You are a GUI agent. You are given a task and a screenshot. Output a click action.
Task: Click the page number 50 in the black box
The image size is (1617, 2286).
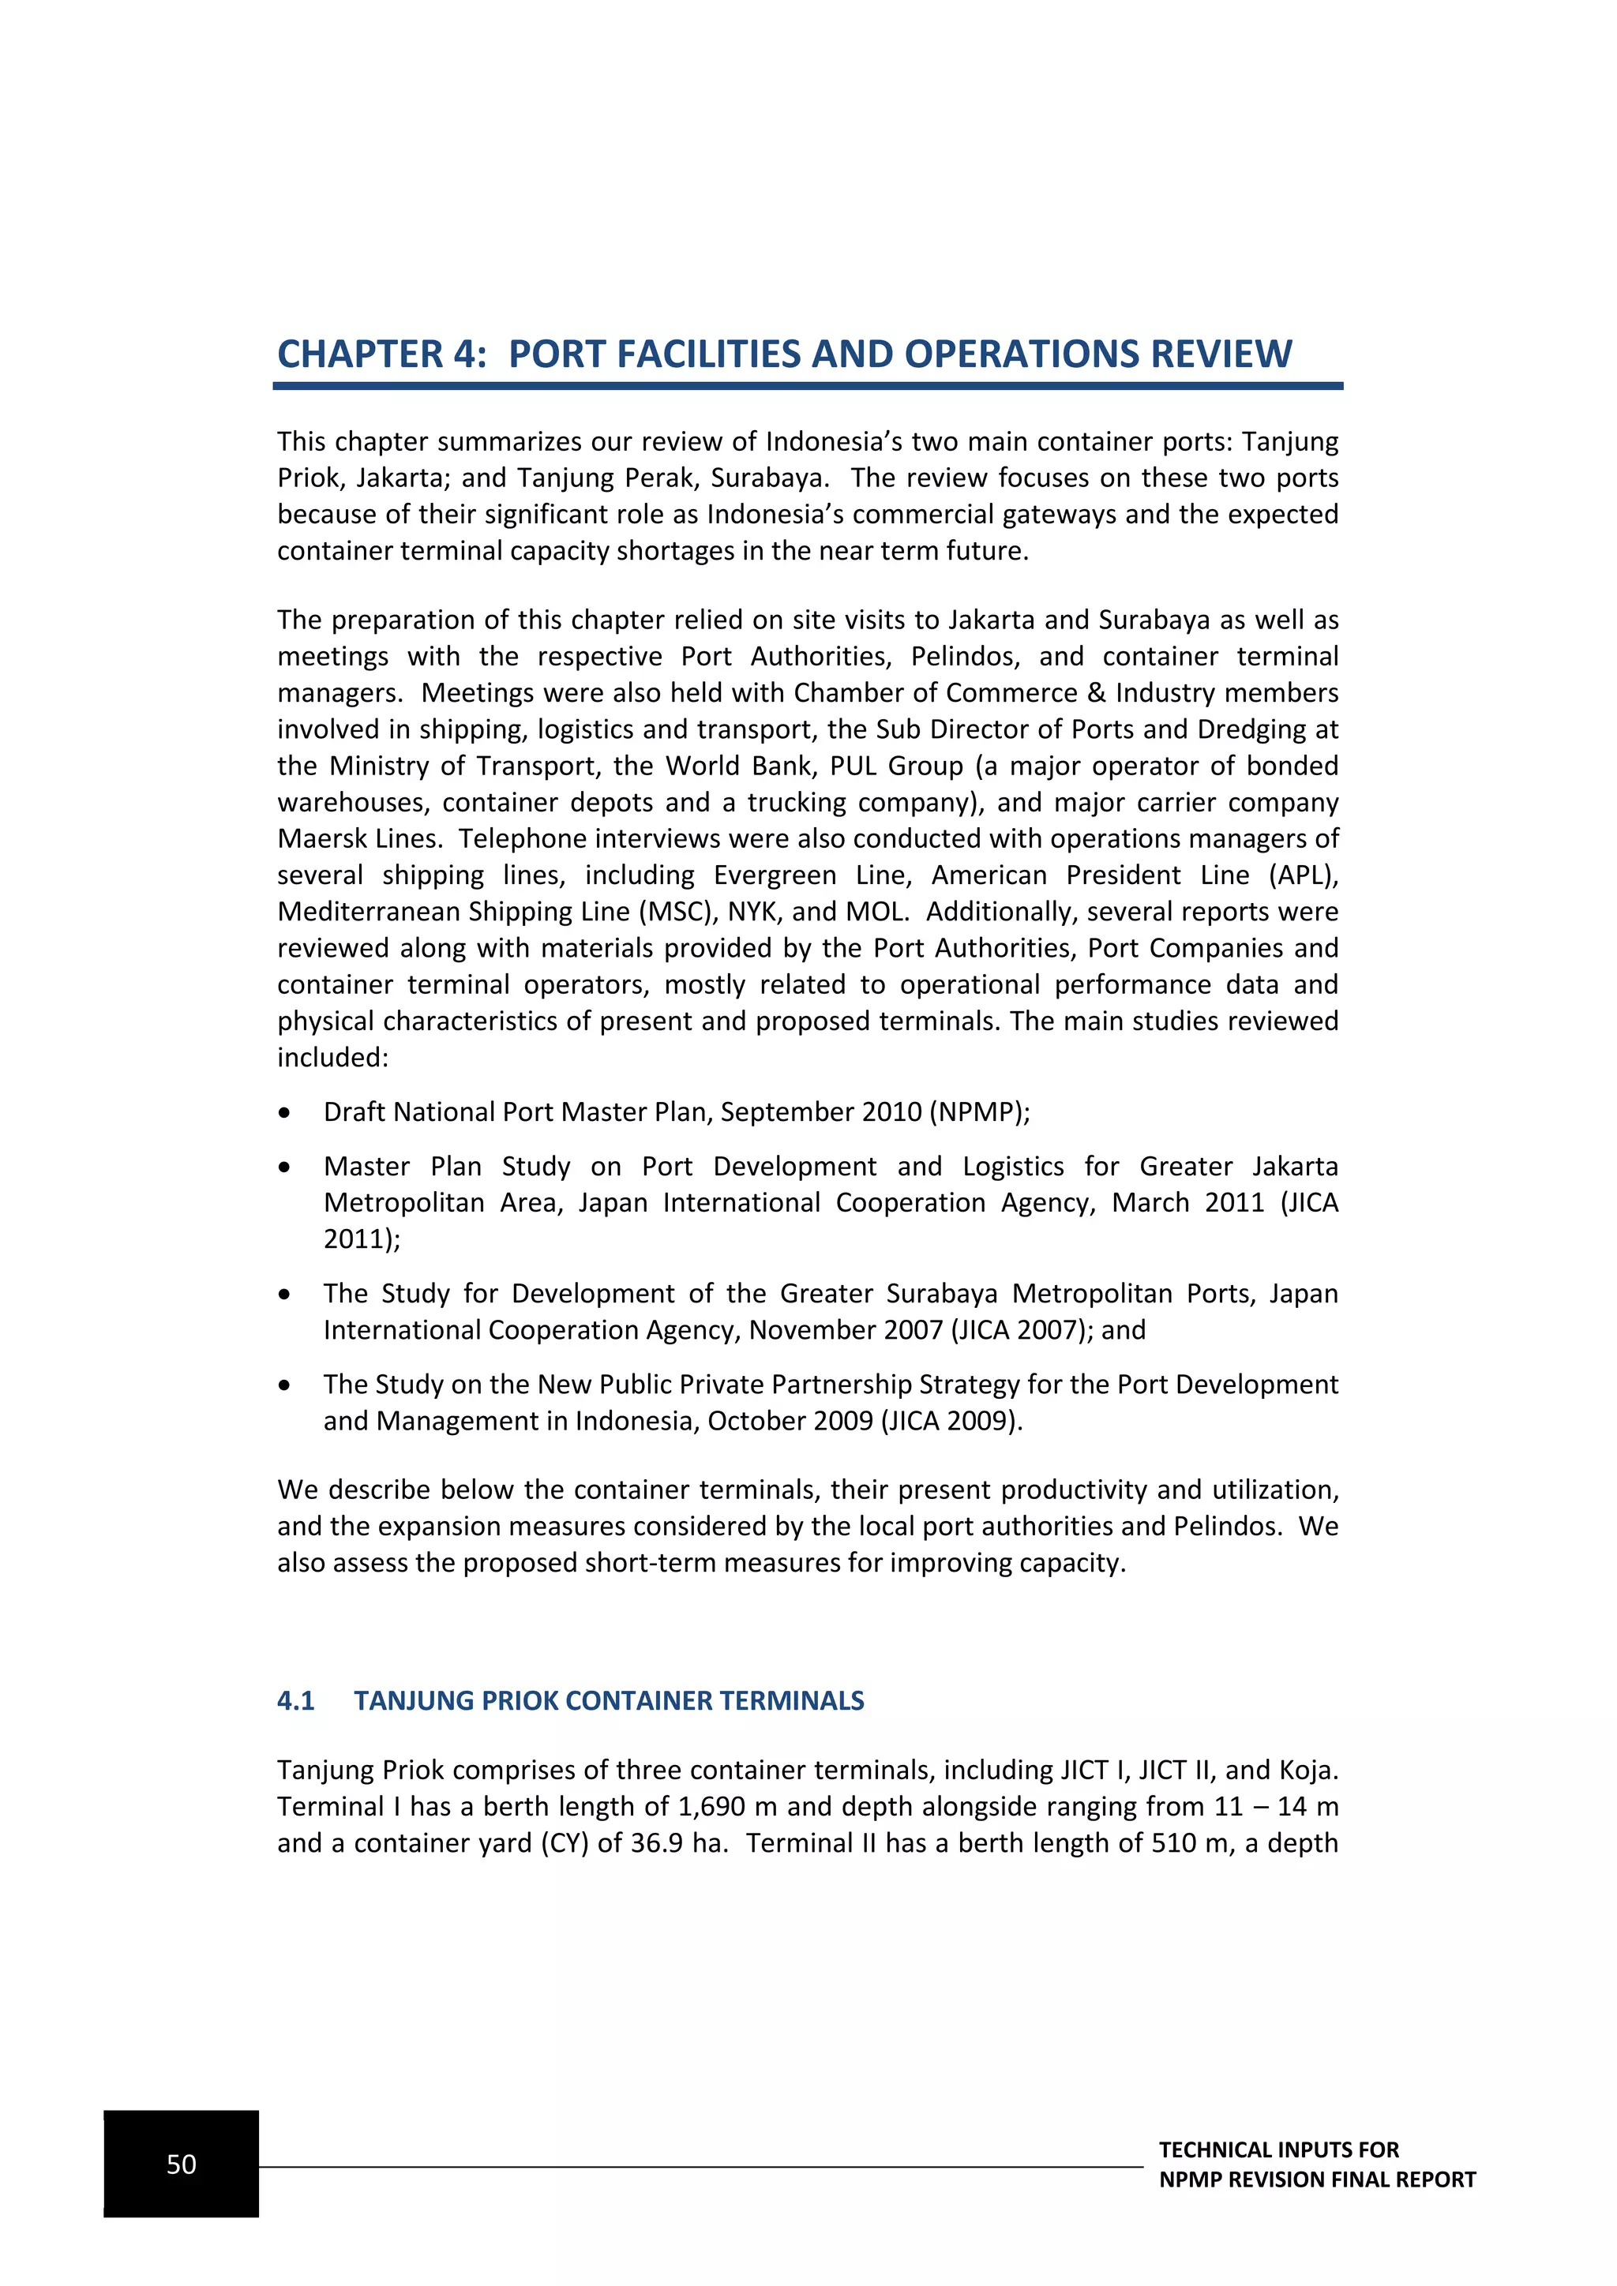point(182,2164)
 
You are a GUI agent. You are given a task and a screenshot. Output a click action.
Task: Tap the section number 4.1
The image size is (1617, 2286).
point(296,1700)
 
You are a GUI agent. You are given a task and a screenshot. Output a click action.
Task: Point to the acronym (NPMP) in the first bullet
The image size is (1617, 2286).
point(979,1112)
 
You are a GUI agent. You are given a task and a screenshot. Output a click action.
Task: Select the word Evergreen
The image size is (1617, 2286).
point(775,875)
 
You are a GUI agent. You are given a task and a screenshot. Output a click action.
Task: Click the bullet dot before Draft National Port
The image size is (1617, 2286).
point(286,1113)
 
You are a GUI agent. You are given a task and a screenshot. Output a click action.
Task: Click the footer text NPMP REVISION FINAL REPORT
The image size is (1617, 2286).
point(1316,2180)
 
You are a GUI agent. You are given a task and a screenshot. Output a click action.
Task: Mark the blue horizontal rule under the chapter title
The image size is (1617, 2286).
point(808,386)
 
